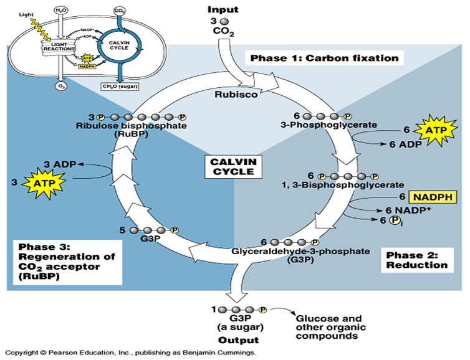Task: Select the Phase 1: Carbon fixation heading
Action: tap(324, 59)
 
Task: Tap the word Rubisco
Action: tap(231, 95)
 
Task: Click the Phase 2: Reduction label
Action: tap(417, 260)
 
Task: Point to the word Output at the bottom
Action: tap(238, 341)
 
